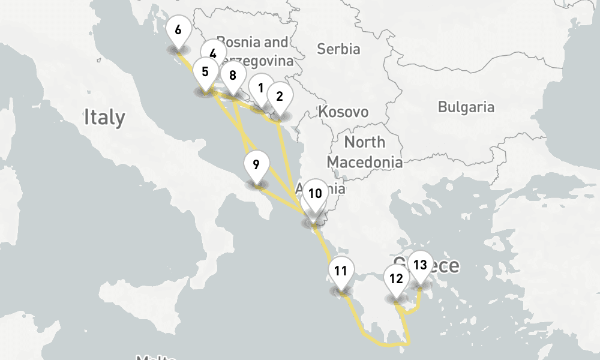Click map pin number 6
click(178, 30)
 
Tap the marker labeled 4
click(213, 53)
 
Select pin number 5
click(205, 73)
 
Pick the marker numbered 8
click(233, 76)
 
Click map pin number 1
click(261, 88)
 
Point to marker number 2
click(280, 96)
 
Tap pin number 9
click(256, 164)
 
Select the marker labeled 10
click(315, 193)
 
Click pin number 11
click(341, 271)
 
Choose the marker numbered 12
click(396, 278)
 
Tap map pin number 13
click(420, 265)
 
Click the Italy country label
click(104, 116)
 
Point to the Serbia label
click(338, 49)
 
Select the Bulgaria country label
click(466, 107)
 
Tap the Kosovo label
click(343, 112)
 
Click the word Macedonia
click(364, 162)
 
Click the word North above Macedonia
click(364, 142)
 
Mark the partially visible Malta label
click(155, 358)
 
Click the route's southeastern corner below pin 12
click(409, 344)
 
